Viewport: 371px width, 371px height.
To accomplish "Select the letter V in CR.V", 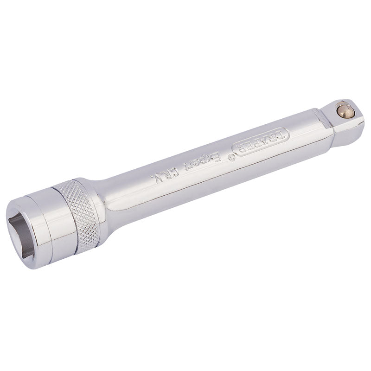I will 153,179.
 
